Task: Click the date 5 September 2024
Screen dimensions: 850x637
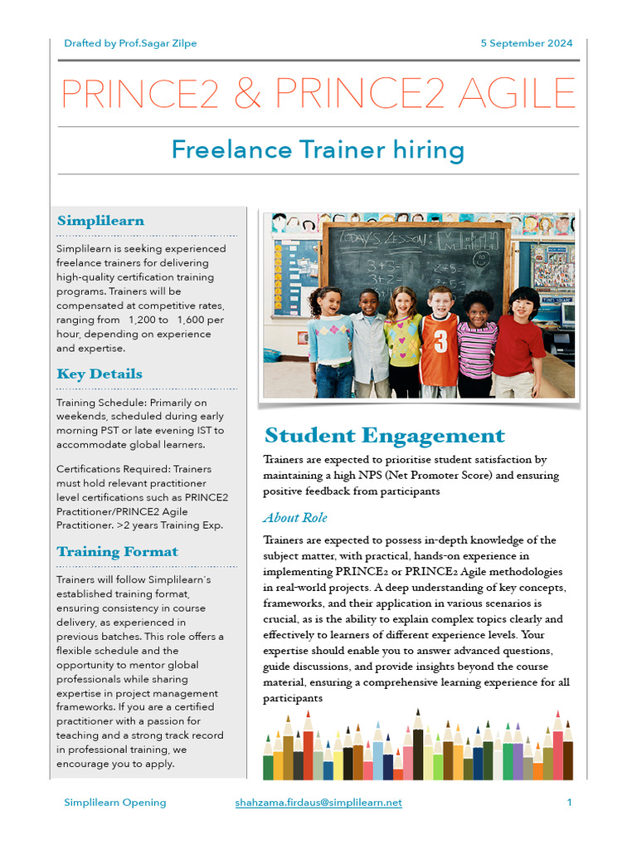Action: (x=526, y=43)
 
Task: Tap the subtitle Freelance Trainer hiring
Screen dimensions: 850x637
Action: (x=317, y=150)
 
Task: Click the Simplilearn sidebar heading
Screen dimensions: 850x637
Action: (x=100, y=221)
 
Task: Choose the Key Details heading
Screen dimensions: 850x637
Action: (x=100, y=374)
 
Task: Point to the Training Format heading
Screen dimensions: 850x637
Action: (x=117, y=551)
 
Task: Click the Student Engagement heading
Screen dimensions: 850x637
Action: (x=384, y=436)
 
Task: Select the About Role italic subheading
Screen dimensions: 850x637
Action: (x=295, y=518)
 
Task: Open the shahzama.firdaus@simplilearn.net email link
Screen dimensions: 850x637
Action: (x=318, y=803)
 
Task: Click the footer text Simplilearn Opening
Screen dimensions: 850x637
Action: (x=115, y=803)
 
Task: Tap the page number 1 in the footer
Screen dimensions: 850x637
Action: (x=570, y=803)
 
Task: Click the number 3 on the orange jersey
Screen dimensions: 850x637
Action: (x=441, y=341)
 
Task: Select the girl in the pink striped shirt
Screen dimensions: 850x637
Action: (x=477, y=344)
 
